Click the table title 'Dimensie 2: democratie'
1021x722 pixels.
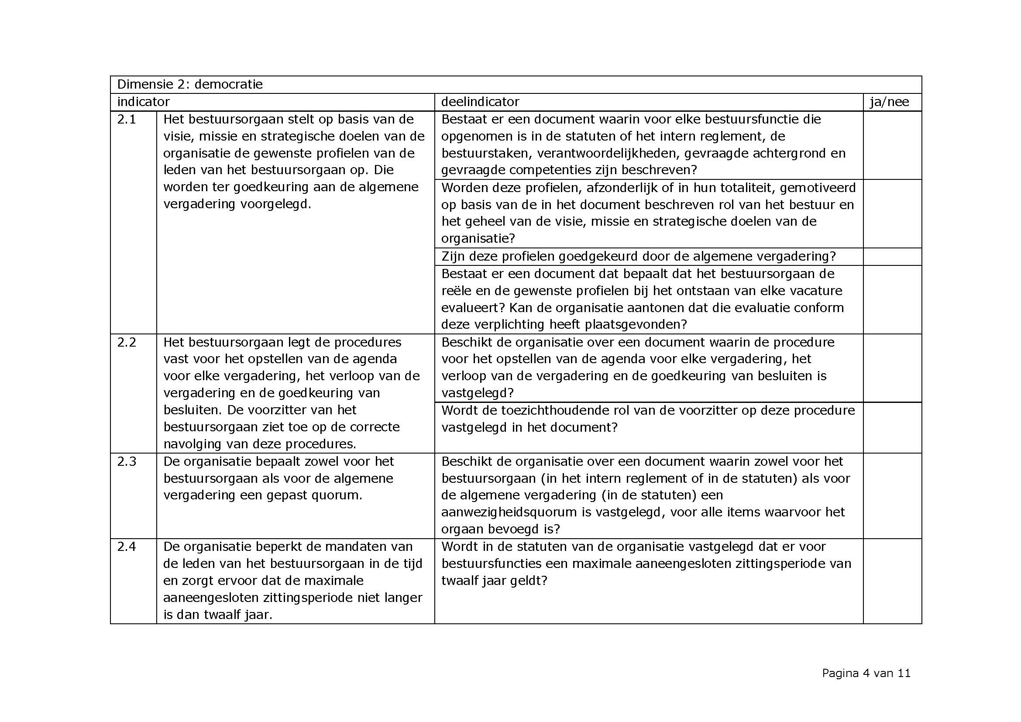[x=190, y=85]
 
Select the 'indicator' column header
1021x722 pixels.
[x=143, y=102]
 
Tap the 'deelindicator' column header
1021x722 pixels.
[x=480, y=102]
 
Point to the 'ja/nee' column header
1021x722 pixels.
[x=889, y=102]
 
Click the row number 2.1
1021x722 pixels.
[x=126, y=119]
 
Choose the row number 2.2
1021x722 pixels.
[x=126, y=342]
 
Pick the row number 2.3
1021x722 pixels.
[x=126, y=461]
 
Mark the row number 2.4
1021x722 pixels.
[x=126, y=547]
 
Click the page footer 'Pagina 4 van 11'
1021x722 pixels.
[x=866, y=673]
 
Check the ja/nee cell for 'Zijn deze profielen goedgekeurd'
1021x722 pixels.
[x=892, y=257]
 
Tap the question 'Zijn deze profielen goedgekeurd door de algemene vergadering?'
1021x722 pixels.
[x=639, y=257]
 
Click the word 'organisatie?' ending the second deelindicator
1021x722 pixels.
[x=478, y=238]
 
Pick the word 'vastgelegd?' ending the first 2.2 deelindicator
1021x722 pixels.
[x=478, y=393]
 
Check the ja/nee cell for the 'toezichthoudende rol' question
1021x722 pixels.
[x=892, y=427]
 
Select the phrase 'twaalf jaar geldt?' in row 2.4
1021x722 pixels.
[x=494, y=581]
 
